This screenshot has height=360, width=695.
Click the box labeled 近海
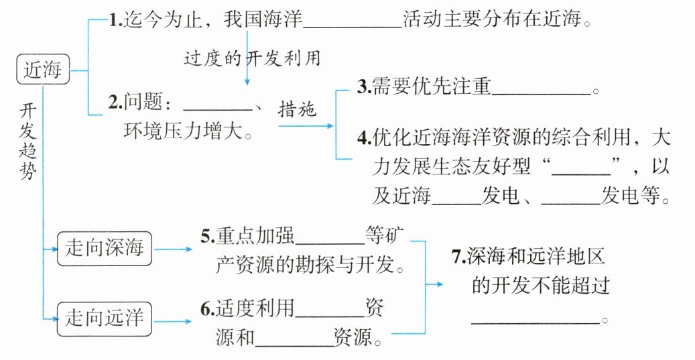(x=42, y=70)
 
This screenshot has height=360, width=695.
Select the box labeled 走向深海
(x=105, y=247)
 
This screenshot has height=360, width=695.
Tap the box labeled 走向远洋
(x=105, y=316)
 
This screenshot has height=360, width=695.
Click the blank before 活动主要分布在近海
(x=353, y=23)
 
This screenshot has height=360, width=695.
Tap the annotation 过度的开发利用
(x=252, y=58)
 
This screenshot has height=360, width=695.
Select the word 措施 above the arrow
(x=296, y=109)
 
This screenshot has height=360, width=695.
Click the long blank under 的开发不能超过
(x=535, y=319)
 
